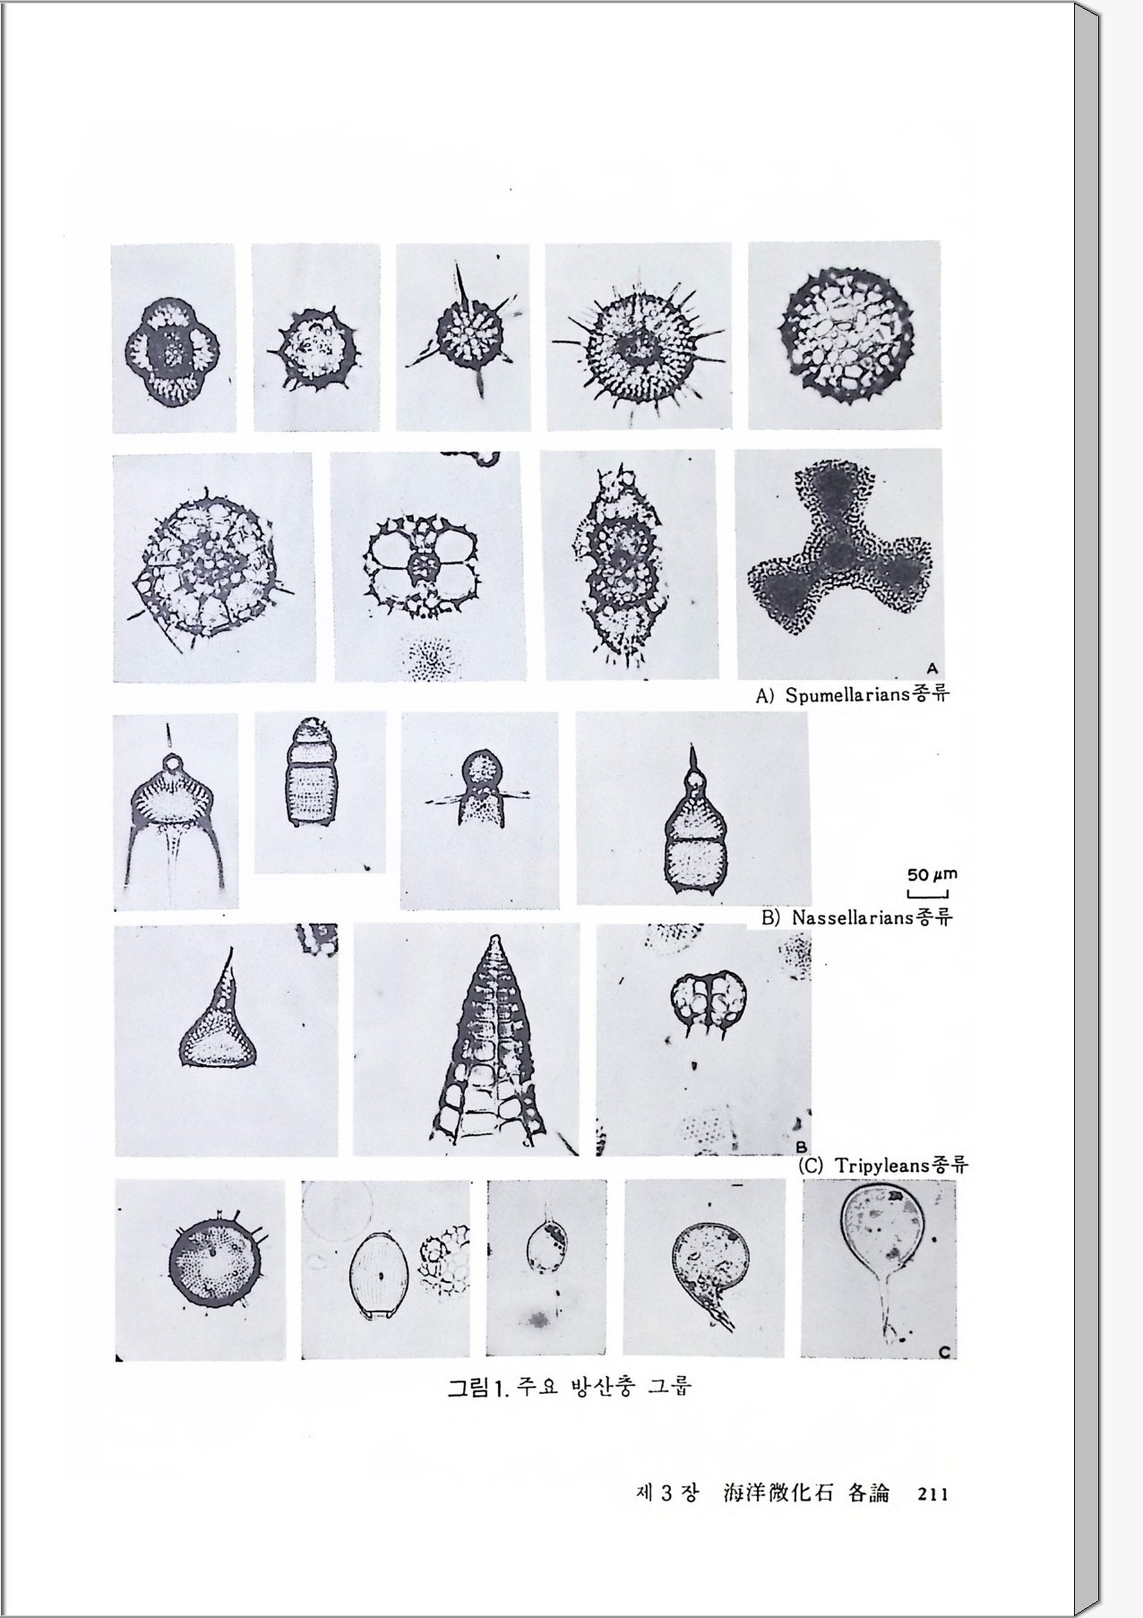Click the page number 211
click(932, 1493)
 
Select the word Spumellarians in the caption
click(847, 696)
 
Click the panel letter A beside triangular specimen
click(931, 667)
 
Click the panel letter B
click(801, 1146)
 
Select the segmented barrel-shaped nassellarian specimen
click(308, 771)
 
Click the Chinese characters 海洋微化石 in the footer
click(778, 1493)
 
